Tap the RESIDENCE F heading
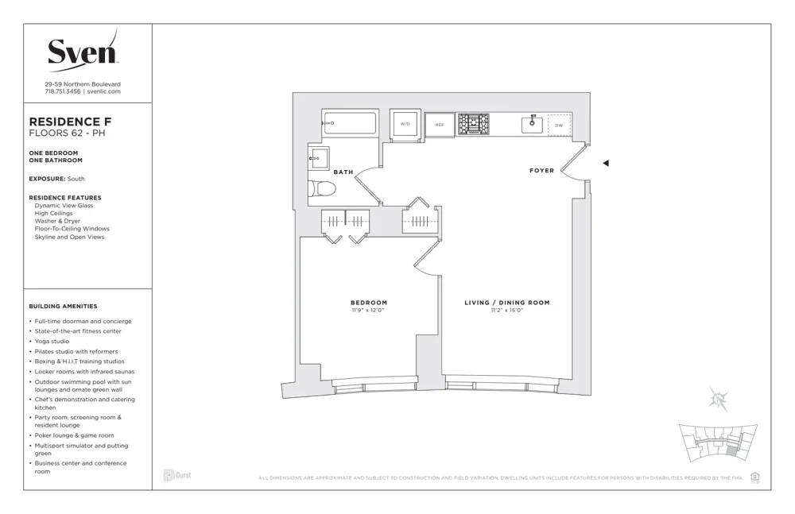(x=65, y=122)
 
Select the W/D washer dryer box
(x=405, y=125)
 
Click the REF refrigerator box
(x=440, y=125)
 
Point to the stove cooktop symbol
(x=473, y=124)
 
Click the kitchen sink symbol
(x=532, y=124)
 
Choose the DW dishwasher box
(x=559, y=126)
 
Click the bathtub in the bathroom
(x=350, y=123)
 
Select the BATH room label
(x=343, y=172)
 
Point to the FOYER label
(x=541, y=171)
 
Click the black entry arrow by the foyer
(x=606, y=164)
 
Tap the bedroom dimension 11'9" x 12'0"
(x=369, y=310)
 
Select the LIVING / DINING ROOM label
(x=506, y=303)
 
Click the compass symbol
(x=719, y=400)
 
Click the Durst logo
(x=177, y=475)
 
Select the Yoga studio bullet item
(x=52, y=341)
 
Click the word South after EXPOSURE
(x=76, y=179)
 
